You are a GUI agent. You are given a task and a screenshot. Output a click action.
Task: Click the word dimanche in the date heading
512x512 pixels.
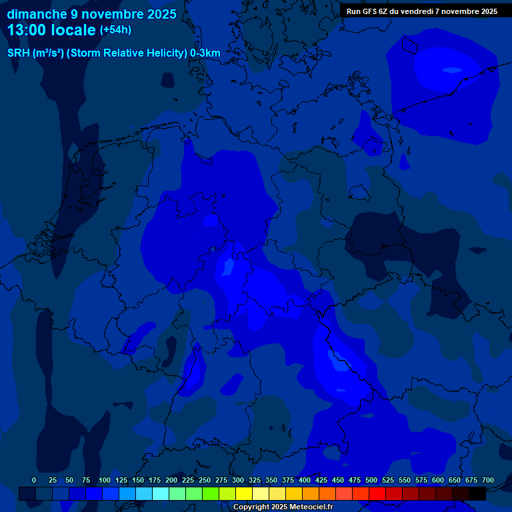[37, 14]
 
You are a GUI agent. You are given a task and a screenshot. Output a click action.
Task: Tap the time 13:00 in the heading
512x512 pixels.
[28, 30]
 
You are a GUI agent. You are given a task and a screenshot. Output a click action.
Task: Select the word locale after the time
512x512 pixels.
[75, 30]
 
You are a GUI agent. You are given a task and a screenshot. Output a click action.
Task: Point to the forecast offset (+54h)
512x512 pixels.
[115, 30]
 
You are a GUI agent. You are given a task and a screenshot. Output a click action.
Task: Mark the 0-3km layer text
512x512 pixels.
[205, 53]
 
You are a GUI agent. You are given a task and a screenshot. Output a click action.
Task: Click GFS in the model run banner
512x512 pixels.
[369, 11]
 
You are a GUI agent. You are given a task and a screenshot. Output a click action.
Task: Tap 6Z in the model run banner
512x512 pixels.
[385, 11]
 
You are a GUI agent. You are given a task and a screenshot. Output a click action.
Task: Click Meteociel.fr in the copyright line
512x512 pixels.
[307, 507]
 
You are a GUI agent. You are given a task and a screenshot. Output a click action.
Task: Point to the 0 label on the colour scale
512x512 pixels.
[34, 480]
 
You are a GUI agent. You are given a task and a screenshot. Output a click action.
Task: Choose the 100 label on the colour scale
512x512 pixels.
[105, 480]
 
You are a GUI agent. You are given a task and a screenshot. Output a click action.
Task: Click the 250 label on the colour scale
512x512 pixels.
[205, 480]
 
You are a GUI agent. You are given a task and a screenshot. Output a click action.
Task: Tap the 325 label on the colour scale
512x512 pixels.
[255, 480]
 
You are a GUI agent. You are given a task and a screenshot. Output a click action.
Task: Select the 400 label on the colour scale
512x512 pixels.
[305, 480]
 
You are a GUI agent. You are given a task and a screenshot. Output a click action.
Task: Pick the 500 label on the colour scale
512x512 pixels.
[371, 480]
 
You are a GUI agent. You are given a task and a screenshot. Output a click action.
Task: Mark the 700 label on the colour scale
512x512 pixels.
[487, 480]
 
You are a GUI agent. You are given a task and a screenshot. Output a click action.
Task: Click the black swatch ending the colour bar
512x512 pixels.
[477, 493]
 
